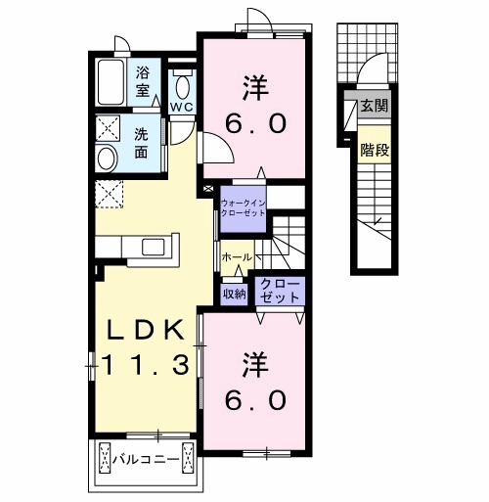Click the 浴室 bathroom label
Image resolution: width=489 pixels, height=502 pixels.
click(x=143, y=81)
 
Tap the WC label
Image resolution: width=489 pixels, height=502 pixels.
click(x=183, y=107)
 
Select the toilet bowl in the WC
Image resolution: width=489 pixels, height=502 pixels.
click(x=183, y=87)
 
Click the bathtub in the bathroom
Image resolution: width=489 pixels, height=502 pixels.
click(x=111, y=82)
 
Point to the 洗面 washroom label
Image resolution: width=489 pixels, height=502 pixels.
click(x=141, y=143)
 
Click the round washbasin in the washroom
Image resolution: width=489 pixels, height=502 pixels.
click(x=107, y=160)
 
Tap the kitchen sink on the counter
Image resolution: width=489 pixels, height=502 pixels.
click(x=154, y=247)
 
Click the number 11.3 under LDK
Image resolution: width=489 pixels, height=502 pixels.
click(x=146, y=365)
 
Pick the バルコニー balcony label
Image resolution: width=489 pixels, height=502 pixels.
click(x=146, y=460)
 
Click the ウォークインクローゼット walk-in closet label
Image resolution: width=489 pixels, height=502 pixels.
click(x=243, y=207)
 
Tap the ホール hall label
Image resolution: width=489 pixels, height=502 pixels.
click(x=237, y=257)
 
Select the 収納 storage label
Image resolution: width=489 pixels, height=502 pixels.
click(x=234, y=295)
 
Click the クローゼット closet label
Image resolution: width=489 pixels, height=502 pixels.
click(x=280, y=290)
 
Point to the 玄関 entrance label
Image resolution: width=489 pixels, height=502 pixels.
click(x=375, y=105)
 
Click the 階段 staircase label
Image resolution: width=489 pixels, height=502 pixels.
click(x=375, y=150)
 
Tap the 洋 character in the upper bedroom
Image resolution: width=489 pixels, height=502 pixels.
click(x=256, y=88)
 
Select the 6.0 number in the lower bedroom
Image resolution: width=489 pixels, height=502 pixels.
click(x=256, y=400)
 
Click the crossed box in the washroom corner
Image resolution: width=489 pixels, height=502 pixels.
click(x=108, y=127)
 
